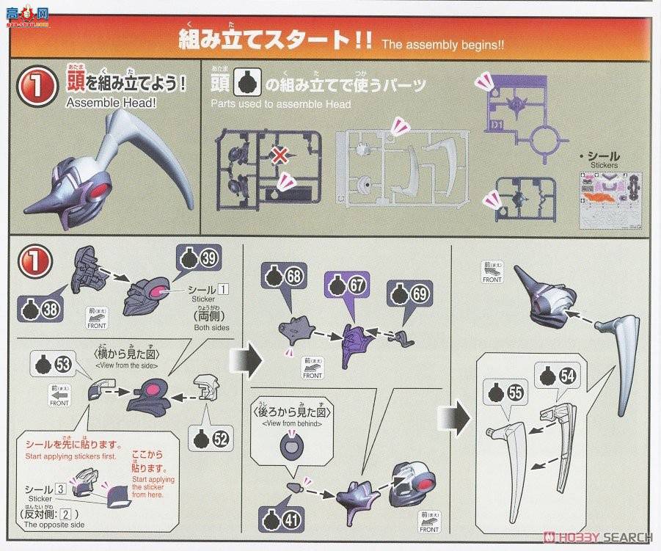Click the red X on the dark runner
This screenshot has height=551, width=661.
tap(279, 154)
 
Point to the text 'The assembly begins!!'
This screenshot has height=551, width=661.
tap(442, 43)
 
